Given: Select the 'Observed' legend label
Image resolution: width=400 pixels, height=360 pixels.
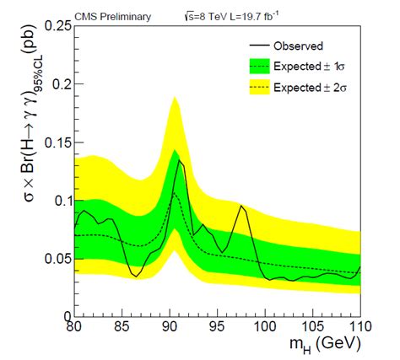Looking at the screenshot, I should pyautogui.click(x=299, y=46).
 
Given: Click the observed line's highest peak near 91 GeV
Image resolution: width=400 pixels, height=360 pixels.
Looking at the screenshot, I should pyautogui.click(x=179, y=160).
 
